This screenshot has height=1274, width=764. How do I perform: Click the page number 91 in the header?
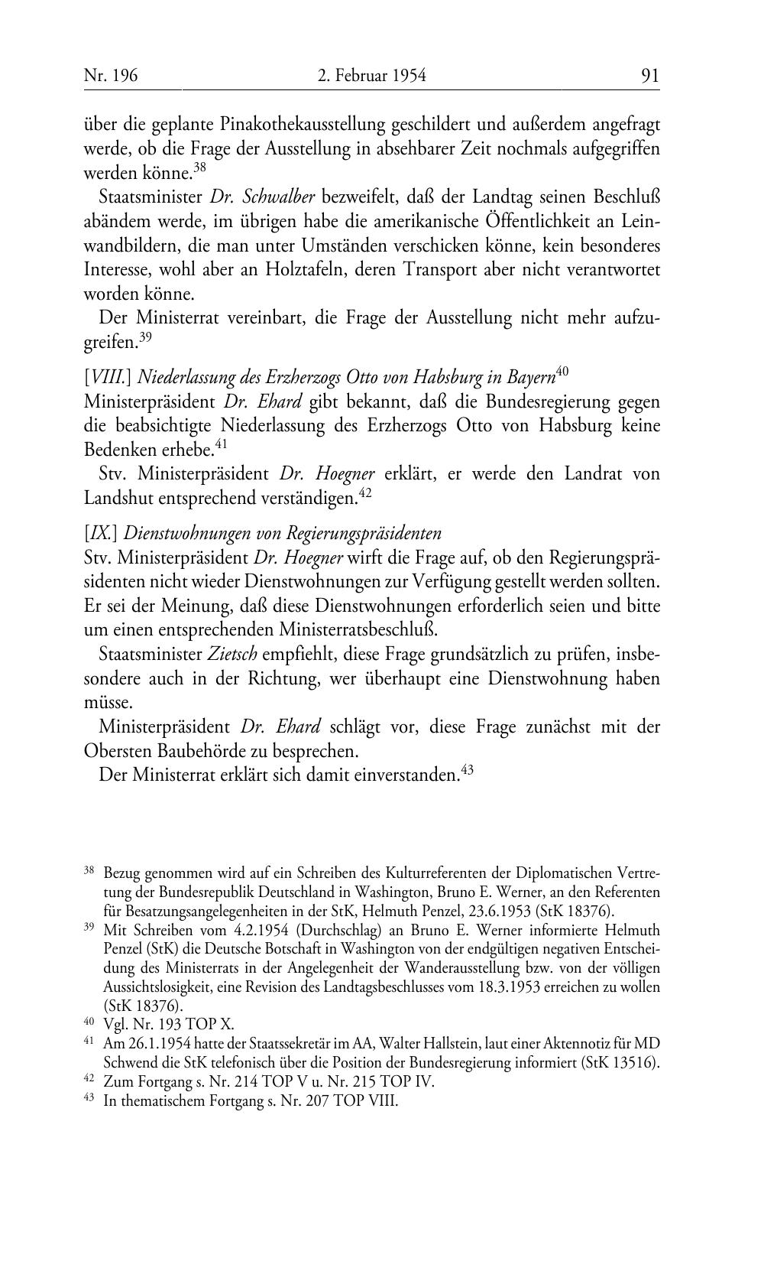650,75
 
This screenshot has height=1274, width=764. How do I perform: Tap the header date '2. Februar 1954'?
371,75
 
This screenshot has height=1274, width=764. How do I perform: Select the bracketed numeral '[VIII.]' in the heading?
108,377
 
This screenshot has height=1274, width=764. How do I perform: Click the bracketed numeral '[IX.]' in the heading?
100,533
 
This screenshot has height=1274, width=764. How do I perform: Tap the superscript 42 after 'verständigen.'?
364,493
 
